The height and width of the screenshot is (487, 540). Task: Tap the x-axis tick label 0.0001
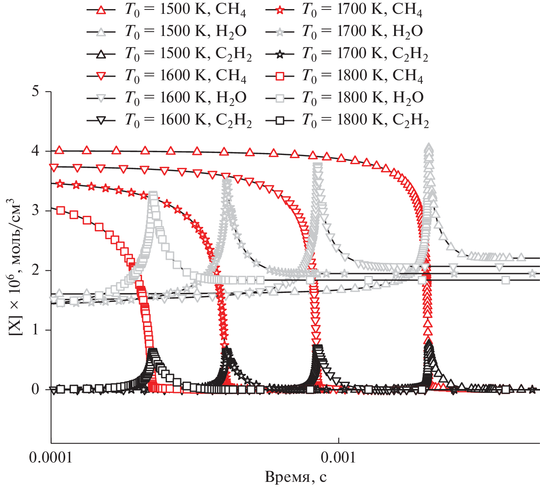(x=51, y=458)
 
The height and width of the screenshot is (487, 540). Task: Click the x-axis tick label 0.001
(x=338, y=458)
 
